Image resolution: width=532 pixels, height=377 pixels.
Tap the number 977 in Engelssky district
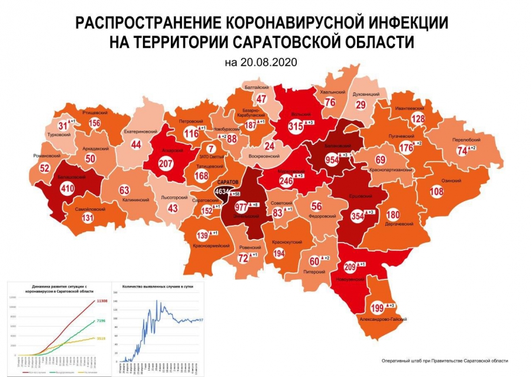coord(241,207)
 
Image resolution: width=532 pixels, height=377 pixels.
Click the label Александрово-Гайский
coord(384,319)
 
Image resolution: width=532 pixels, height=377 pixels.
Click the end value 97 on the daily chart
coord(201,320)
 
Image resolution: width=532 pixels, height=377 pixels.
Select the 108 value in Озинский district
coord(436,192)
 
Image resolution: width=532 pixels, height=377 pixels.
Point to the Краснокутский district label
coord(287,242)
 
